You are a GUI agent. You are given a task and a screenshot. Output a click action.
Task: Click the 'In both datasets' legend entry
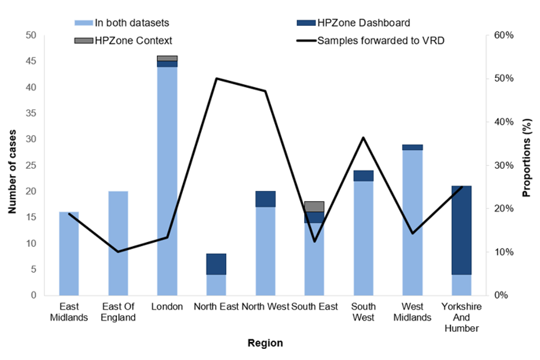(x=121, y=23)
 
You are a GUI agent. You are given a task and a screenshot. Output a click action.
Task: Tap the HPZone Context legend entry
(x=124, y=40)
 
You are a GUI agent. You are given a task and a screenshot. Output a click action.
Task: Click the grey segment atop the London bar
(x=167, y=58)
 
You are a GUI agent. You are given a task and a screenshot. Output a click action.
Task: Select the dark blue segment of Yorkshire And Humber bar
(x=462, y=229)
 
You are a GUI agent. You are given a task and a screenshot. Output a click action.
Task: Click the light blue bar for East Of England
(x=118, y=243)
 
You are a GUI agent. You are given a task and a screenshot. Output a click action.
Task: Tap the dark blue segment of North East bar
(x=216, y=264)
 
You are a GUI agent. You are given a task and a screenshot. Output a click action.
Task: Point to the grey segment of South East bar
(x=314, y=206)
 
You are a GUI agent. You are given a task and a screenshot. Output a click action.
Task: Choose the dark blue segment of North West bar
(x=265, y=199)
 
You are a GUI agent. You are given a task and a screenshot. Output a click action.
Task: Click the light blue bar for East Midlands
(x=69, y=253)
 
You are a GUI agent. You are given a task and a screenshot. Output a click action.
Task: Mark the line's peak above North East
(x=217, y=78)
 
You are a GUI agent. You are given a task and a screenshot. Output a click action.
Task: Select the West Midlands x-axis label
(x=412, y=312)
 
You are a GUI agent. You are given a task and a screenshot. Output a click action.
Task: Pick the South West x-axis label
(x=363, y=312)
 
